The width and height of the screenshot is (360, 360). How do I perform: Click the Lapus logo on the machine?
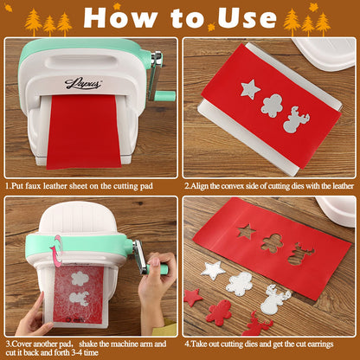83,83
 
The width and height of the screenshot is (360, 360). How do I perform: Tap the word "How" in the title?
121,17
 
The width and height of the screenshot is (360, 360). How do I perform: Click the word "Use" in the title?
247,18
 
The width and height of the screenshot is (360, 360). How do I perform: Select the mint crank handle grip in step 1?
164,96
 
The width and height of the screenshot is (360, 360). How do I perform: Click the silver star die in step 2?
250,89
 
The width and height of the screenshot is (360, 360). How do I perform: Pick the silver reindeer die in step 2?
296,119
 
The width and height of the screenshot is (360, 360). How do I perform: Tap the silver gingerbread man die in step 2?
271,106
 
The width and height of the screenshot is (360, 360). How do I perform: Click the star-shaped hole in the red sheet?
247,231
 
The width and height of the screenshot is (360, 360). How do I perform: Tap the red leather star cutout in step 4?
193,297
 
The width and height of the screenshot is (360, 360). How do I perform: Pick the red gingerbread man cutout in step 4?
219,312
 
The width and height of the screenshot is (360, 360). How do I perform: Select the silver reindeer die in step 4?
275,299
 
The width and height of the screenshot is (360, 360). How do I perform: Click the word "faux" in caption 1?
33,186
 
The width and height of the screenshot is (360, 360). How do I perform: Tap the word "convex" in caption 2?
237,186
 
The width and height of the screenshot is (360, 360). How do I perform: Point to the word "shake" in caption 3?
88,344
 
